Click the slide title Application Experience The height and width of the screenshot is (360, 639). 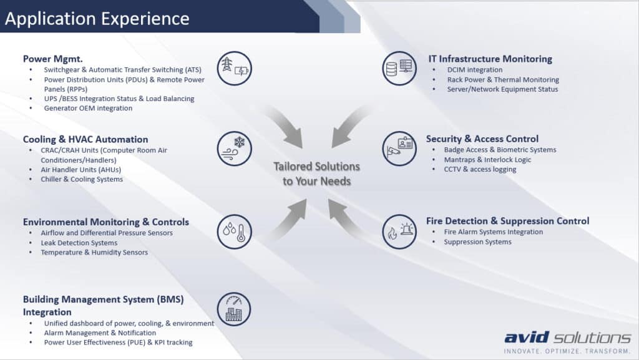pos(97,19)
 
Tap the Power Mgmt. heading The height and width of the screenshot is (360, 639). pos(52,59)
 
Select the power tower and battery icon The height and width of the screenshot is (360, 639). pos(235,68)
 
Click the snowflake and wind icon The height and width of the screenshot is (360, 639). pos(235,148)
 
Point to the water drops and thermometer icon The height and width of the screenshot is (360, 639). pos(235,231)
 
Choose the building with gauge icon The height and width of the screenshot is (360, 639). pos(234,309)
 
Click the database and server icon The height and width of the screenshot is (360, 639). pos(399,68)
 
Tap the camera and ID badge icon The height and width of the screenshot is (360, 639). pos(399,148)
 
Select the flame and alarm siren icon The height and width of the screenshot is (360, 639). pos(399,231)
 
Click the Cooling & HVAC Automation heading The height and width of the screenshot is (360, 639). pos(85,139)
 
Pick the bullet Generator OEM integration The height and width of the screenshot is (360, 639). pos(88,109)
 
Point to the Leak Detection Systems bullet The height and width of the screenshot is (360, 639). pos(79,243)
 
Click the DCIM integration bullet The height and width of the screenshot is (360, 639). pos(475,70)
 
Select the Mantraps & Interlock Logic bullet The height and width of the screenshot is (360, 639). pos(487,160)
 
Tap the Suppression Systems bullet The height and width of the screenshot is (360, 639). pos(477,242)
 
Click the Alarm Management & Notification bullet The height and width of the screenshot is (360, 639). pos(100,333)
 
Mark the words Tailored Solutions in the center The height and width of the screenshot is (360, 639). pos(316,167)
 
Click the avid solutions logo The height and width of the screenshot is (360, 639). pos(568,338)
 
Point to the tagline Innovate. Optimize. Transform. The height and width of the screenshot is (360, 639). pos(567,351)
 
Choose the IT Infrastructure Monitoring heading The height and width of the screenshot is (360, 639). pos(490,59)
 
